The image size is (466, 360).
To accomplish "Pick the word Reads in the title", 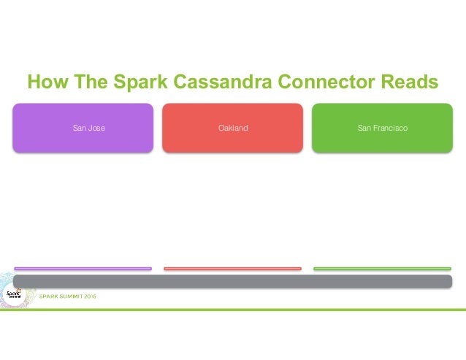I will (408, 82).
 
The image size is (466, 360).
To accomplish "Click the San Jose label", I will (88, 129).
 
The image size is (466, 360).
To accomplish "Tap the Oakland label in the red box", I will (233, 129).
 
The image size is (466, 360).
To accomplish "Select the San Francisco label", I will (383, 129).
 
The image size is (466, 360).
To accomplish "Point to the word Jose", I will (96, 129).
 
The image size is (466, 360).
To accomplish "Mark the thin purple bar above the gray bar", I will (83, 269).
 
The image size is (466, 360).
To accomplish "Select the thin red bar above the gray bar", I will (232, 269).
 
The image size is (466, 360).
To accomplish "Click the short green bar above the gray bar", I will (382, 269).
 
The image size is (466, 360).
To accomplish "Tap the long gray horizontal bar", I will (232, 281).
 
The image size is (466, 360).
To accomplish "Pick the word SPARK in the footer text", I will (48, 296).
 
